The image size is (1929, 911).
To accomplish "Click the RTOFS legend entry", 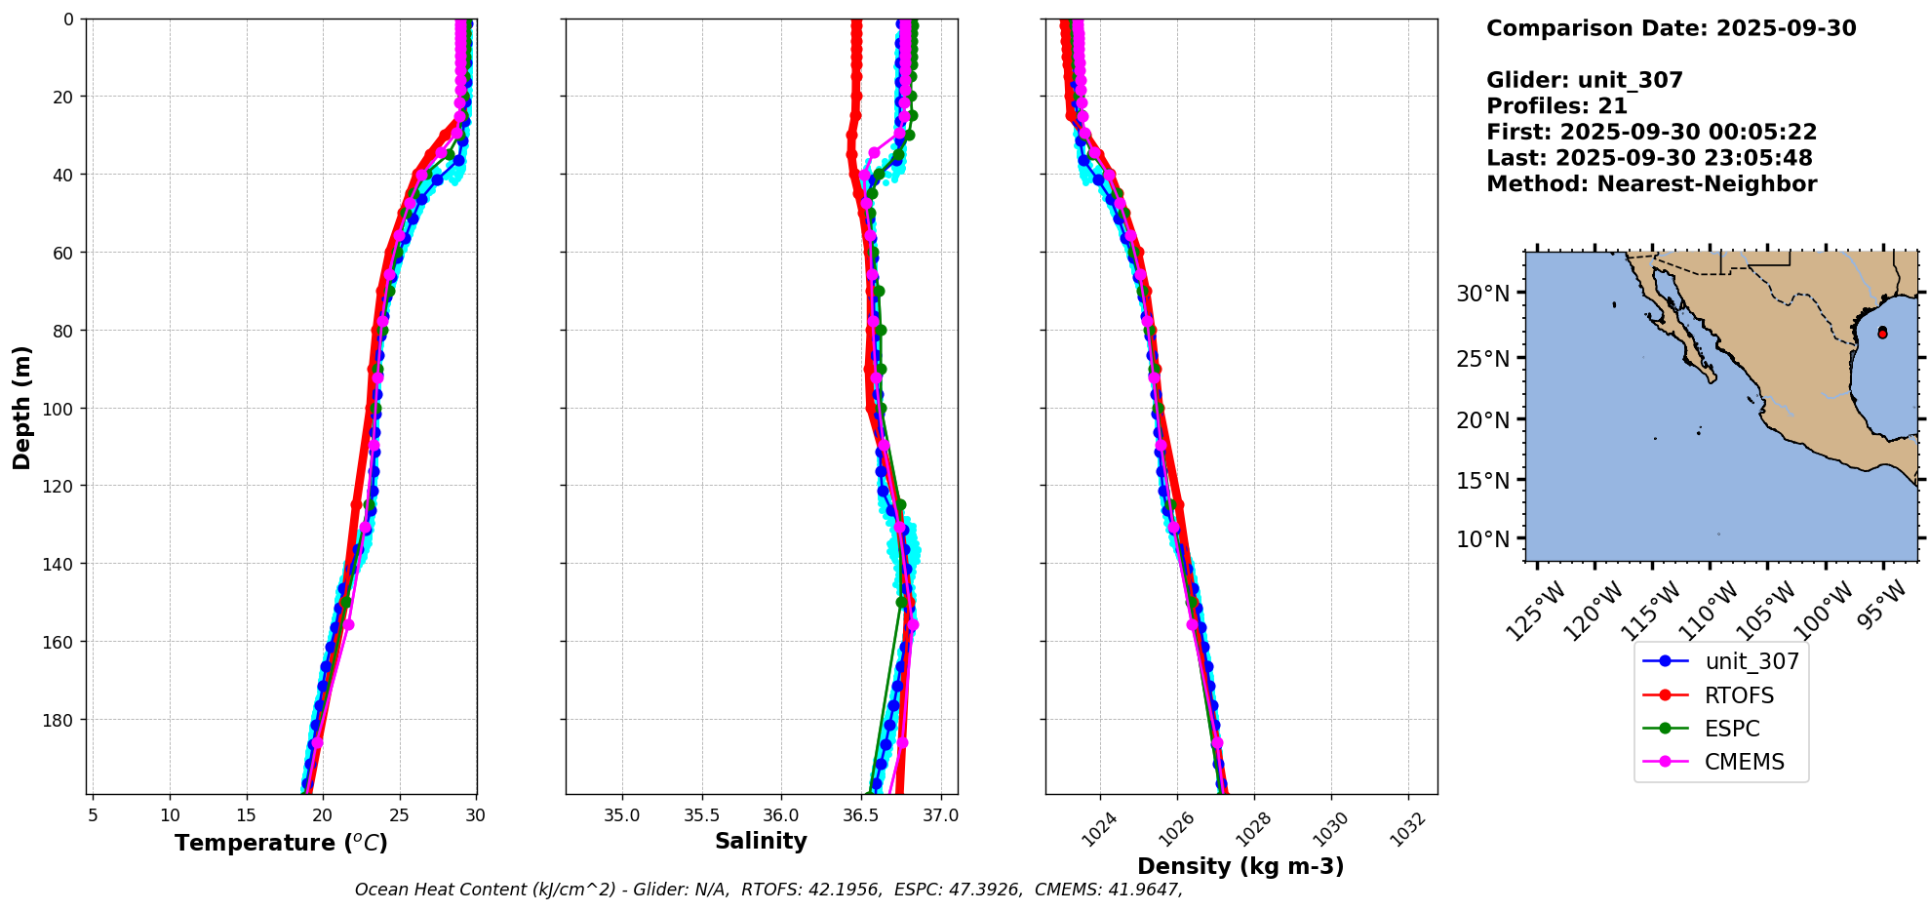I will coord(1739,695).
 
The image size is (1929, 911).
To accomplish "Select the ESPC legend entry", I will coord(1732,729).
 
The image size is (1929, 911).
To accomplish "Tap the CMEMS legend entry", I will coord(1744,762).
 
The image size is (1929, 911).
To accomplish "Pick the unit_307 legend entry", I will coord(1752,661).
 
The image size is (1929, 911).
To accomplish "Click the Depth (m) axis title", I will coord(21,407).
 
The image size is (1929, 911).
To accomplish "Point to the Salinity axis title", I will coord(761,841).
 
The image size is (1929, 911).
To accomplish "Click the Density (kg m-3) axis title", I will coord(1240,866).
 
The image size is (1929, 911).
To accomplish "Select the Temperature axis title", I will coord(281,843).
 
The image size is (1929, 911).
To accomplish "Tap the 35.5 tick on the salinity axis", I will coord(701,815).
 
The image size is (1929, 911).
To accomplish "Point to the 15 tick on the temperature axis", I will coord(246,815).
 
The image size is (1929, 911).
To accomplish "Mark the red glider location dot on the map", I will coord(1882,333).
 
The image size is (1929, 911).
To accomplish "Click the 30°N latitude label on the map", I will coord(1482,294).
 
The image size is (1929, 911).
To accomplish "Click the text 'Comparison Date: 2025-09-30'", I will coord(1671,28).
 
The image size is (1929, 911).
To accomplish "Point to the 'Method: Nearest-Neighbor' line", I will coord(1651,184).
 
